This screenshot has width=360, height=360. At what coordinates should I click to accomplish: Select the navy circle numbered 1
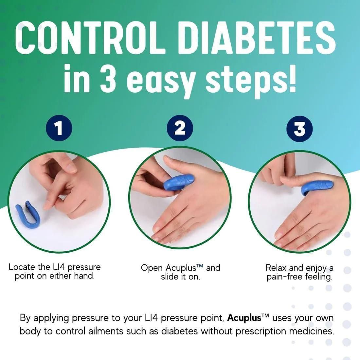[x=59, y=129]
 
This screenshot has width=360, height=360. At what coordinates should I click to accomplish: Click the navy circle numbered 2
[x=180, y=129]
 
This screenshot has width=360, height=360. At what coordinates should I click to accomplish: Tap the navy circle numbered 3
[x=299, y=129]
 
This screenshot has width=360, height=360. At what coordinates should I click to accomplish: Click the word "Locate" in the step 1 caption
[x=22, y=267]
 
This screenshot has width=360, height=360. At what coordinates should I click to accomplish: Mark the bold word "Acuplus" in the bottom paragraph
[x=244, y=317]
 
